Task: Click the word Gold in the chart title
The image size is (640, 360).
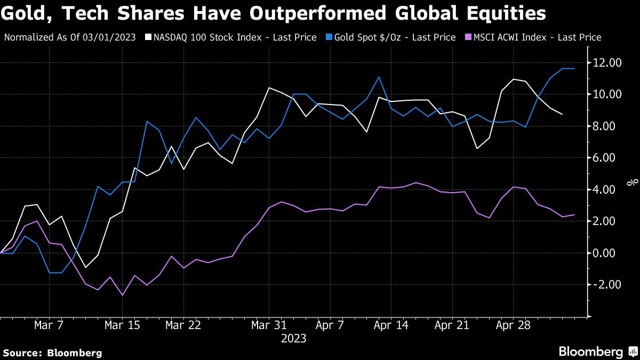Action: pyautogui.click(x=26, y=12)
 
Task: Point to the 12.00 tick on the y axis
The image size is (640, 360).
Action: pyautogui.click(x=607, y=63)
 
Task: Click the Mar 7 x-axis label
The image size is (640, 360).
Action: pyautogui.click(x=49, y=325)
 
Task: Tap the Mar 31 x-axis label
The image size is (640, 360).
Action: pyautogui.click(x=269, y=325)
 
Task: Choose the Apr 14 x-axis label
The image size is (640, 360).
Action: pyautogui.click(x=379, y=325)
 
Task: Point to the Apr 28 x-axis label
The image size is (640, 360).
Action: pyautogui.click(x=513, y=325)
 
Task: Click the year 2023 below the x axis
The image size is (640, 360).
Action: pyautogui.click(x=293, y=339)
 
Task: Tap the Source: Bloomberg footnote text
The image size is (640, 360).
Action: pyautogui.click(x=52, y=353)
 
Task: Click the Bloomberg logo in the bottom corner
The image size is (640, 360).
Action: pyautogui.click(x=597, y=351)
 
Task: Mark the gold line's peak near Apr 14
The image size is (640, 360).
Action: pyautogui.click(x=379, y=77)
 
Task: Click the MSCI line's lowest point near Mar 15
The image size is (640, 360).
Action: pyautogui.click(x=123, y=295)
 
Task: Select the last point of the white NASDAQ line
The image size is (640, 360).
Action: pyautogui.click(x=562, y=114)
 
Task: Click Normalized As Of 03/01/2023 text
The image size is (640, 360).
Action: pyautogui.click(x=70, y=37)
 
